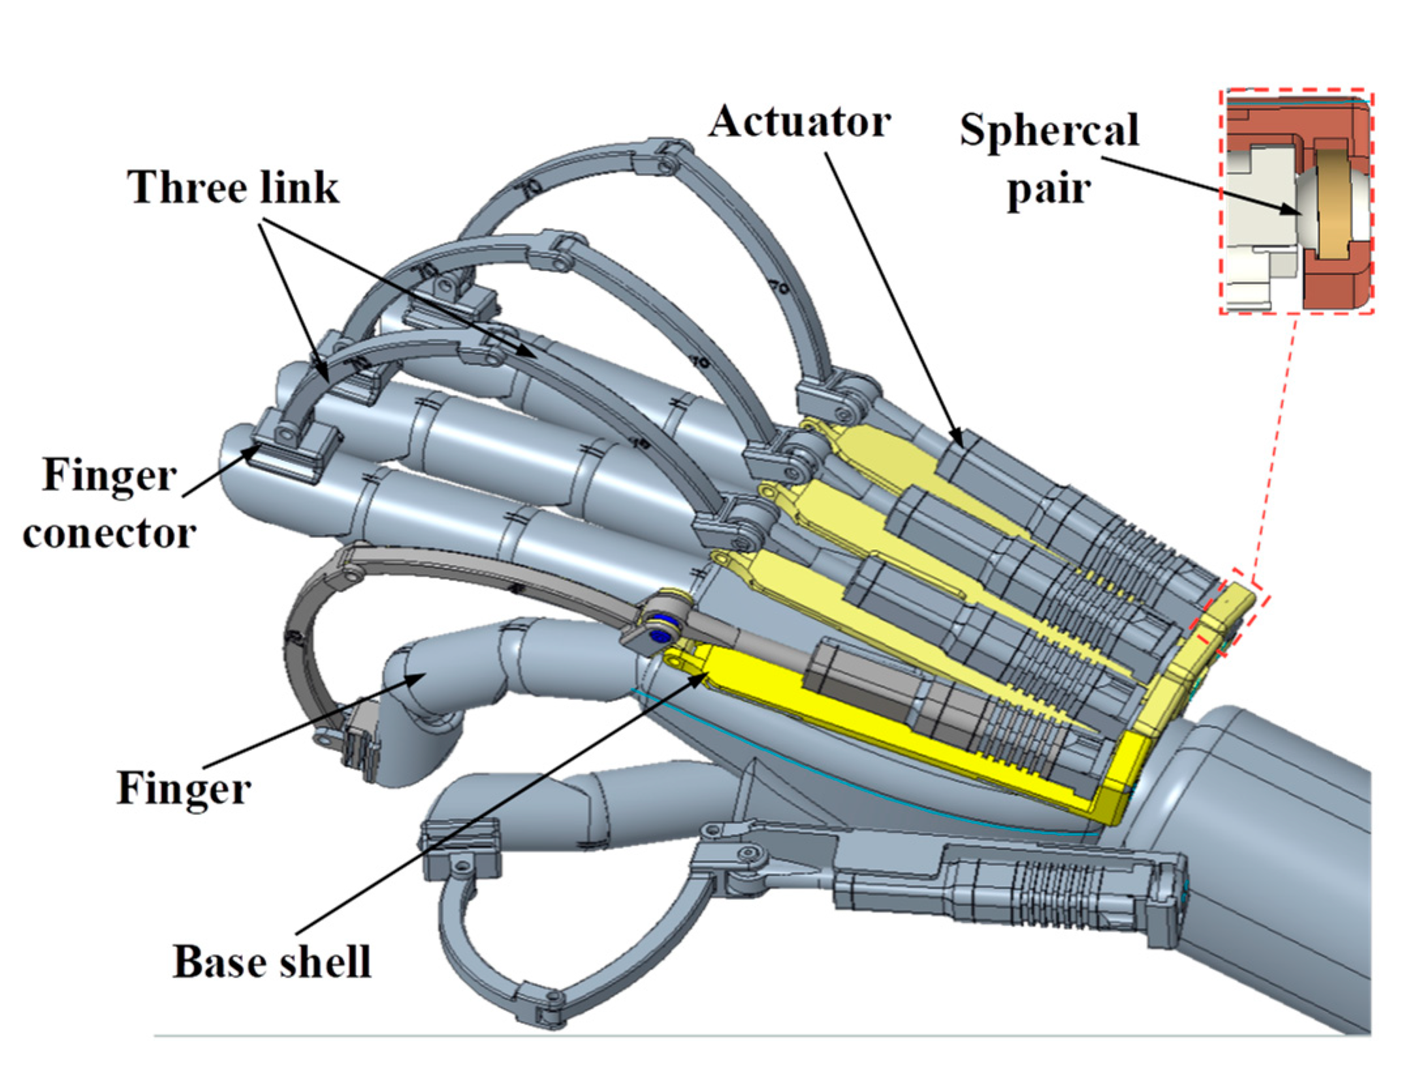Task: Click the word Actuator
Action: (x=799, y=122)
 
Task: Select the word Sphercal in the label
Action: (x=1049, y=130)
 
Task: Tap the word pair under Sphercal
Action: (x=1049, y=190)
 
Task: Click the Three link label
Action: (x=233, y=188)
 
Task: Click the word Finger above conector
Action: (x=110, y=475)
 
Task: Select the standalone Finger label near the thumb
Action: (x=184, y=788)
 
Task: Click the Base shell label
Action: (x=272, y=962)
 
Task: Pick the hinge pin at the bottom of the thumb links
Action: (x=554, y=997)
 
